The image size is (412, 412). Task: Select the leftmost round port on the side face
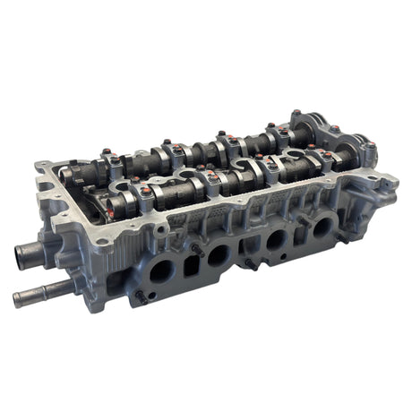click(161, 270)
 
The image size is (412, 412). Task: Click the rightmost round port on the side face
click(321, 227)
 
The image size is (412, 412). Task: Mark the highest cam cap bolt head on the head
click(296, 114)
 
